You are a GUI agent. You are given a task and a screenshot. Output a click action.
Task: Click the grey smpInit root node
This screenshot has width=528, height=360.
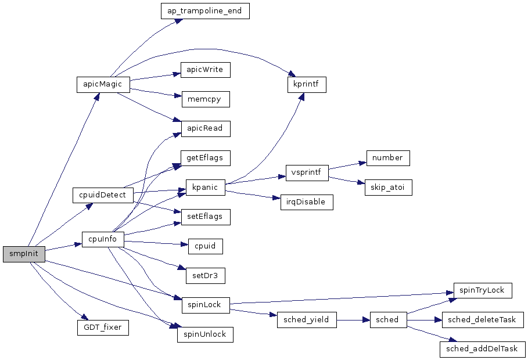click(24, 254)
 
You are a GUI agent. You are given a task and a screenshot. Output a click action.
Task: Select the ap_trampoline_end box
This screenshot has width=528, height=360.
click(204, 12)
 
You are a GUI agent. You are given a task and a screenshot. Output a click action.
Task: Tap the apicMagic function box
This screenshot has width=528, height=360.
click(102, 84)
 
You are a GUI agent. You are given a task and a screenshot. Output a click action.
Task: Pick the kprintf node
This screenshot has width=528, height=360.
click(307, 84)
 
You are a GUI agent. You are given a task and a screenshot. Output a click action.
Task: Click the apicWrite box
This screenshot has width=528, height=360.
click(205, 70)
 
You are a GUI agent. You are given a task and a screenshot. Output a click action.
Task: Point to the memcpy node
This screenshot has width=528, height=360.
click(205, 99)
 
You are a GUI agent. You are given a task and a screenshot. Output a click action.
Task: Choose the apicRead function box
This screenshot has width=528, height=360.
click(205, 128)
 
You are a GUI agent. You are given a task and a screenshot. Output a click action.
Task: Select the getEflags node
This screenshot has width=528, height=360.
click(205, 158)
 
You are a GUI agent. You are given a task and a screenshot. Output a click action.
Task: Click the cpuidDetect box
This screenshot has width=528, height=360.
click(103, 195)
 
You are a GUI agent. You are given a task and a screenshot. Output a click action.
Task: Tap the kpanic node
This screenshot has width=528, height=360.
click(205, 188)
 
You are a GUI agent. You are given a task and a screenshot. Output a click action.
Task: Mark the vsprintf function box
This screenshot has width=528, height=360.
click(307, 172)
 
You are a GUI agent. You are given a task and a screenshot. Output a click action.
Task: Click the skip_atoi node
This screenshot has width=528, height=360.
click(388, 188)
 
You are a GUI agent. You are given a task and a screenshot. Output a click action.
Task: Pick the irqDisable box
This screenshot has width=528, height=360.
click(307, 202)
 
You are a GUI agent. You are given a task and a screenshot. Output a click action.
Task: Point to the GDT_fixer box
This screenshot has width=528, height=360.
click(103, 327)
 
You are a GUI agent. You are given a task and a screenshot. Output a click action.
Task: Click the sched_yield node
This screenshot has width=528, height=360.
click(307, 320)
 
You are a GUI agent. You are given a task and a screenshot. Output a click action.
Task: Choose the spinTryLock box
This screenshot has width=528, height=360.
click(483, 290)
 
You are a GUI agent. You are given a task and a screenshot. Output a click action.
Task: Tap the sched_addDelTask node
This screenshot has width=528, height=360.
click(483, 350)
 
